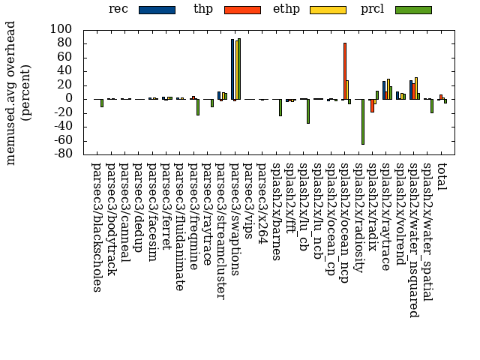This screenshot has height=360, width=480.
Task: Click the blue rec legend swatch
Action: [x=157, y=10]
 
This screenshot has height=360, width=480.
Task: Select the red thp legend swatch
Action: [x=242, y=10]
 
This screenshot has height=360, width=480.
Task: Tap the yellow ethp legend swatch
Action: [x=328, y=10]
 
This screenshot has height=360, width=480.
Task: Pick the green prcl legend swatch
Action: [x=413, y=10]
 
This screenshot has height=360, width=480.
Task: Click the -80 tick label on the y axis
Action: [x=61, y=154]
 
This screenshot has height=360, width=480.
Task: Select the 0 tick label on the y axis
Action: [x=68, y=98]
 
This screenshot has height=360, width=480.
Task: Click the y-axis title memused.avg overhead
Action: [x=12, y=92]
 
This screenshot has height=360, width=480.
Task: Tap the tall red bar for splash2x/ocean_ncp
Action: [x=345, y=70]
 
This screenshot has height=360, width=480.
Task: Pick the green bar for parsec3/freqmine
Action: [x=198, y=106]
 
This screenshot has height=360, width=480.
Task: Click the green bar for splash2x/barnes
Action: [x=280, y=106]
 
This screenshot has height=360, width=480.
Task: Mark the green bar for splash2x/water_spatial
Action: [x=432, y=106]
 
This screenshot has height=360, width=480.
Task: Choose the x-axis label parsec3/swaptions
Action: [x=233, y=217]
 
